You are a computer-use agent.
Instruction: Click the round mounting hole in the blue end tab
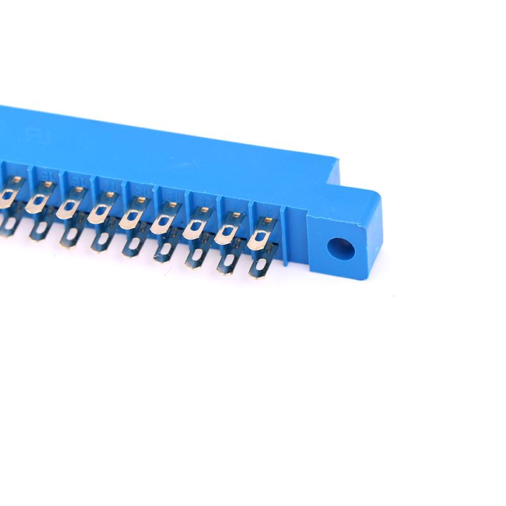point(340,249)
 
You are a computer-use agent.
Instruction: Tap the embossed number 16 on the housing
point(77,180)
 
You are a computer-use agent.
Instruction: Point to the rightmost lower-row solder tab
point(261,264)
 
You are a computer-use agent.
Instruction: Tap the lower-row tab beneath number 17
point(101,238)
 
